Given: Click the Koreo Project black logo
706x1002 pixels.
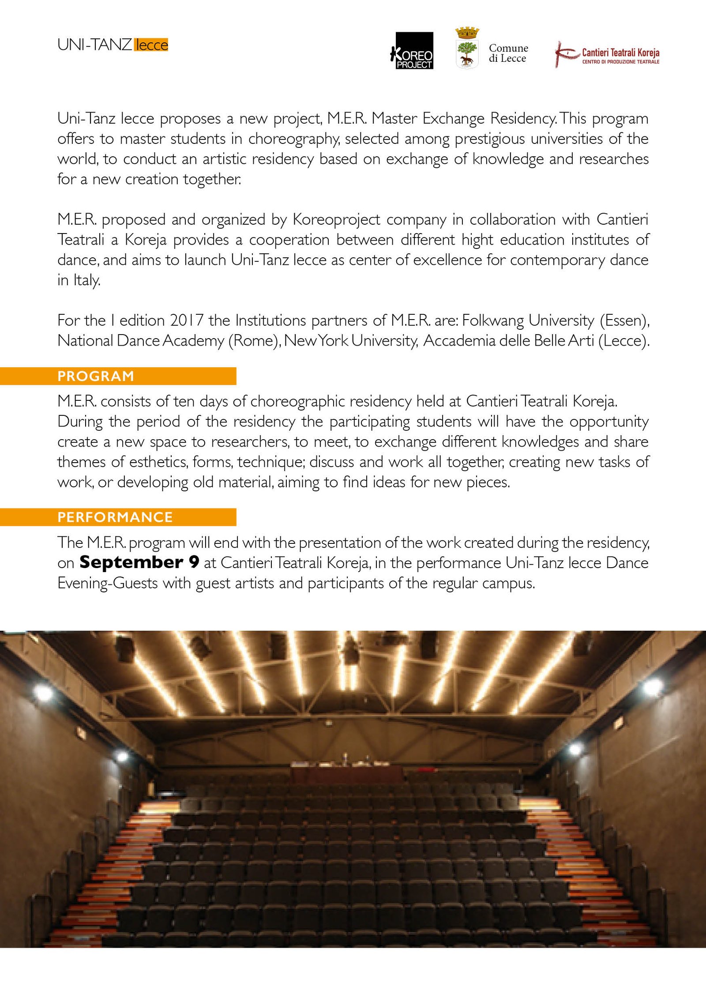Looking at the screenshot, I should tap(414, 50).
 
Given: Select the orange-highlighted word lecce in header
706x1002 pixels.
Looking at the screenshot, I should tap(151, 45).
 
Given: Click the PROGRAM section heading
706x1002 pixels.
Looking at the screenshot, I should tap(96, 376).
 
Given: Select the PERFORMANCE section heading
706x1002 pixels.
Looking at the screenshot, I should tap(115, 517).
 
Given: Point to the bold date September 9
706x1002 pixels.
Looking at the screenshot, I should tap(139, 562).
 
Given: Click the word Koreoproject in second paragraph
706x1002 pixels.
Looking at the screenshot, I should tap(336, 219).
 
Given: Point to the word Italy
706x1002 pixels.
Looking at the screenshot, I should tap(86, 280).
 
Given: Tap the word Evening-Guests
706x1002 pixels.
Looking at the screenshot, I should tap(107, 583).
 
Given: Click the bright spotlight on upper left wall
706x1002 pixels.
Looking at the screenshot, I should tap(43, 693).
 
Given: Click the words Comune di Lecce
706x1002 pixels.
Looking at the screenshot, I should tap(508, 53).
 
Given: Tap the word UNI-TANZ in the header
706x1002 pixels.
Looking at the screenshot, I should tap(94, 45).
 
